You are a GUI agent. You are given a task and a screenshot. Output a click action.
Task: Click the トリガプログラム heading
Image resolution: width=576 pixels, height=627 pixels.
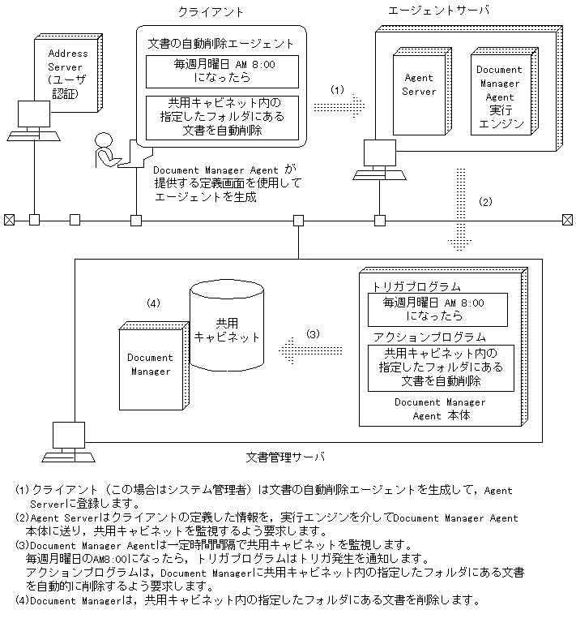416,286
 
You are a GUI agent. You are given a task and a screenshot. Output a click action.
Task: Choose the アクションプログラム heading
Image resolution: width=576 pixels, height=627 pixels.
429,337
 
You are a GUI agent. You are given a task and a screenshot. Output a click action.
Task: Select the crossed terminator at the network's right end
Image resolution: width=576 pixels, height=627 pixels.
566,219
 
